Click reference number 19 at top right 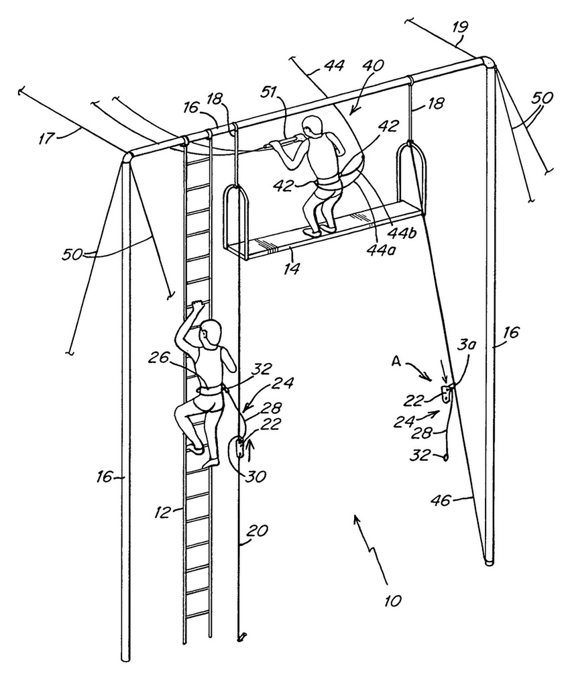pyautogui.click(x=459, y=28)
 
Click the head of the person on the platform pyautogui.click(x=313, y=125)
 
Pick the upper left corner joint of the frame pyautogui.click(x=127, y=157)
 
